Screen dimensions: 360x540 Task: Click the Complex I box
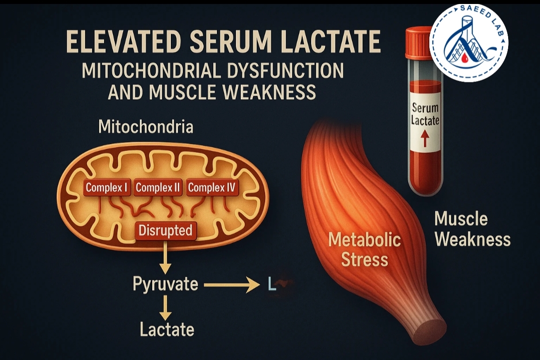107,188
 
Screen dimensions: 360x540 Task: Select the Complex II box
158,188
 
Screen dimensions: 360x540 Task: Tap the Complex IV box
212,188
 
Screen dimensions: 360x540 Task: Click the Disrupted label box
165,231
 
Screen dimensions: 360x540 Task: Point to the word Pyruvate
166,284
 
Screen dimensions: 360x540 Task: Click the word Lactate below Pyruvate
167,329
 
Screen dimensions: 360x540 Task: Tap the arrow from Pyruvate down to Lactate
165,307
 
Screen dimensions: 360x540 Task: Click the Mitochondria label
146,128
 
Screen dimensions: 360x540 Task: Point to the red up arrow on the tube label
424,140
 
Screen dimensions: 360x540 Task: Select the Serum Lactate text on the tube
425,113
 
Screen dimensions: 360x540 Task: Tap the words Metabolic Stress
364,250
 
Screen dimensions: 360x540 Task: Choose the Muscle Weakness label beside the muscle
472,229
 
